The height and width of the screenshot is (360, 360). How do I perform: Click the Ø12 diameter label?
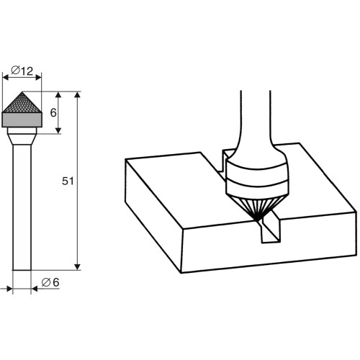[x=22, y=71]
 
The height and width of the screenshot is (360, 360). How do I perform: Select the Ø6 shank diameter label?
[x=50, y=282]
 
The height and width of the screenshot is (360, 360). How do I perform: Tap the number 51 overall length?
[x=68, y=181]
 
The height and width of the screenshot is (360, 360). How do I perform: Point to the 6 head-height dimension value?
[x=53, y=112]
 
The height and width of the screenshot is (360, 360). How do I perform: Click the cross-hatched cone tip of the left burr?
[x=22, y=103]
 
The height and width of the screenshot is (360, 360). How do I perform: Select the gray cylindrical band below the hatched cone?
[x=22, y=120]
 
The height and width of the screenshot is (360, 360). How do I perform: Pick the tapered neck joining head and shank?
[x=22, y=139]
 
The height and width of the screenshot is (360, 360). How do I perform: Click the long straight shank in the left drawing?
[x=22, y=207]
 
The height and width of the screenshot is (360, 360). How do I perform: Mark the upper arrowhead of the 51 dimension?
[x=77, y=94]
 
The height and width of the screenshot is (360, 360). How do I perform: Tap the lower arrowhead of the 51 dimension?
[x=77, y=266]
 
